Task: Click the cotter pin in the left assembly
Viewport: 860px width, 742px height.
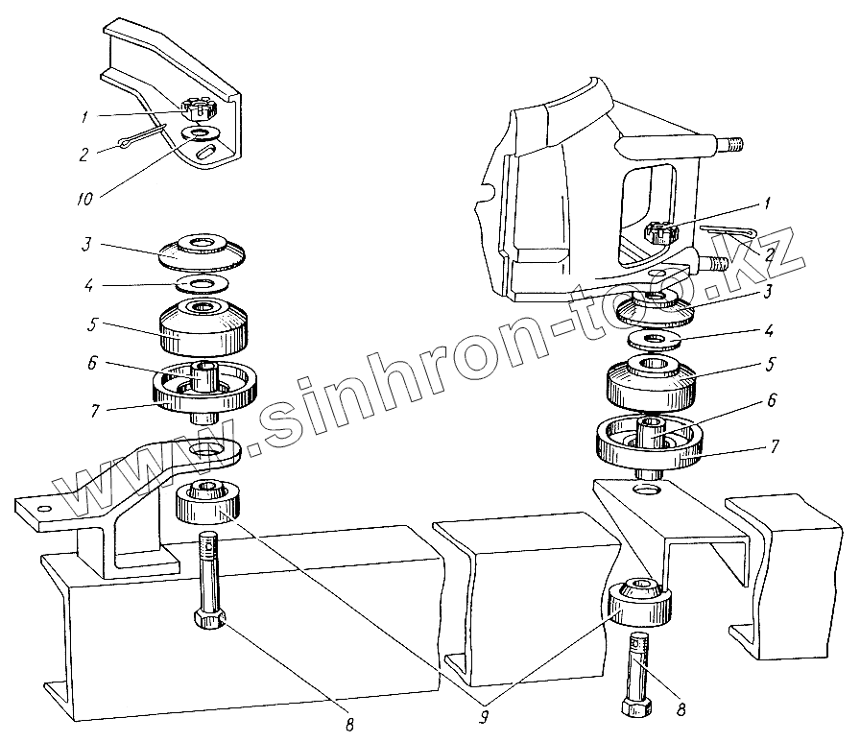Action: (x=145, y=139)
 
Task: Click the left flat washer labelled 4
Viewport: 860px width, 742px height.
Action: (x=203, y=284)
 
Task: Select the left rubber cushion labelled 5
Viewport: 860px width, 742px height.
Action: (x=203, y=326)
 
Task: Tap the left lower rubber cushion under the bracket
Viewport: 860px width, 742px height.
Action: (x=212, y=501)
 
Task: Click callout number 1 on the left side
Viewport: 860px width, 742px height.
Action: (x=85, y=116)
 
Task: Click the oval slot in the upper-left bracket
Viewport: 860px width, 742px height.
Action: (x=203, y=151)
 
